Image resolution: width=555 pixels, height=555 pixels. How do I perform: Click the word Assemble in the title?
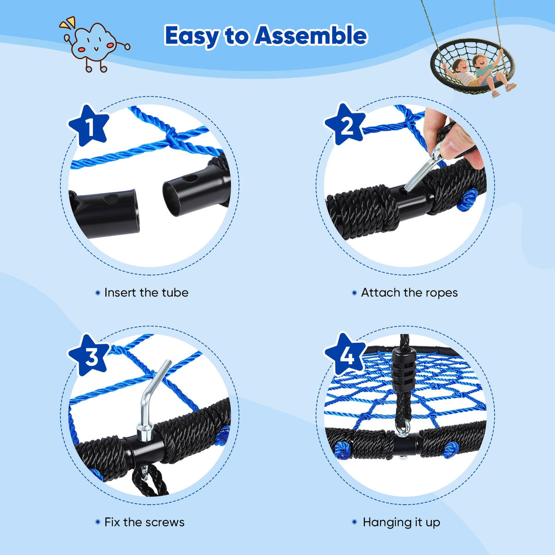[311, 36]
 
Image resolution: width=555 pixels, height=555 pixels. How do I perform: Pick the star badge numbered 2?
[345, 124]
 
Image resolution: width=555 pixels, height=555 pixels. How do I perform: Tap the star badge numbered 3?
[89, 355]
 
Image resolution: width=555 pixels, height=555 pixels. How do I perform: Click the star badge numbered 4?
[345, 355]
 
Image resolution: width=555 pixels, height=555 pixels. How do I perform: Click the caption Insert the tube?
[146, 293]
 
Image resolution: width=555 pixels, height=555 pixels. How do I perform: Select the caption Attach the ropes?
[409, 293]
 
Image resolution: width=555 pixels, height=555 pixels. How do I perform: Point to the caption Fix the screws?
[144, 522]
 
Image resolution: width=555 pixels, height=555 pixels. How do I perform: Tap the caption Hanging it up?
[401, 523]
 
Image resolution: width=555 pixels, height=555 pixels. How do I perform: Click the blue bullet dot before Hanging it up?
[355, 522]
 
